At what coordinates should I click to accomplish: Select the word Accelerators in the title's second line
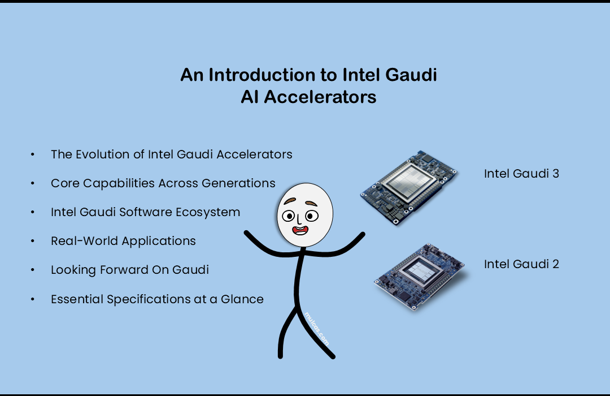[320, 97]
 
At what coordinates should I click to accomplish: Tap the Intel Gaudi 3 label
[521, 174]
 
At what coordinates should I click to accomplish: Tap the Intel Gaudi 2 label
[521, 264]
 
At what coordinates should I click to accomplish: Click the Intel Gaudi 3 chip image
[408, 187]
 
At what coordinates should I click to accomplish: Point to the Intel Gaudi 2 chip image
[420, 276]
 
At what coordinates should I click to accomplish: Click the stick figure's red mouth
[300, 230]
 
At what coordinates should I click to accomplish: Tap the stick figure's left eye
[288, 216]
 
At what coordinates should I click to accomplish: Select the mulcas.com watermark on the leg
[317, 329]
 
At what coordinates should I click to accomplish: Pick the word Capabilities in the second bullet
[119, 184]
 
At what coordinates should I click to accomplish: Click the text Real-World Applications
[123, 241]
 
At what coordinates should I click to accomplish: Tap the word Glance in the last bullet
[242, 299]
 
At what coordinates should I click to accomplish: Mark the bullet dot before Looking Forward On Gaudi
[33, 270]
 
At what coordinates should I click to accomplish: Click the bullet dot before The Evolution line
[33, 154]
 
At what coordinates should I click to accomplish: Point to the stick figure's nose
[298, 219]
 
